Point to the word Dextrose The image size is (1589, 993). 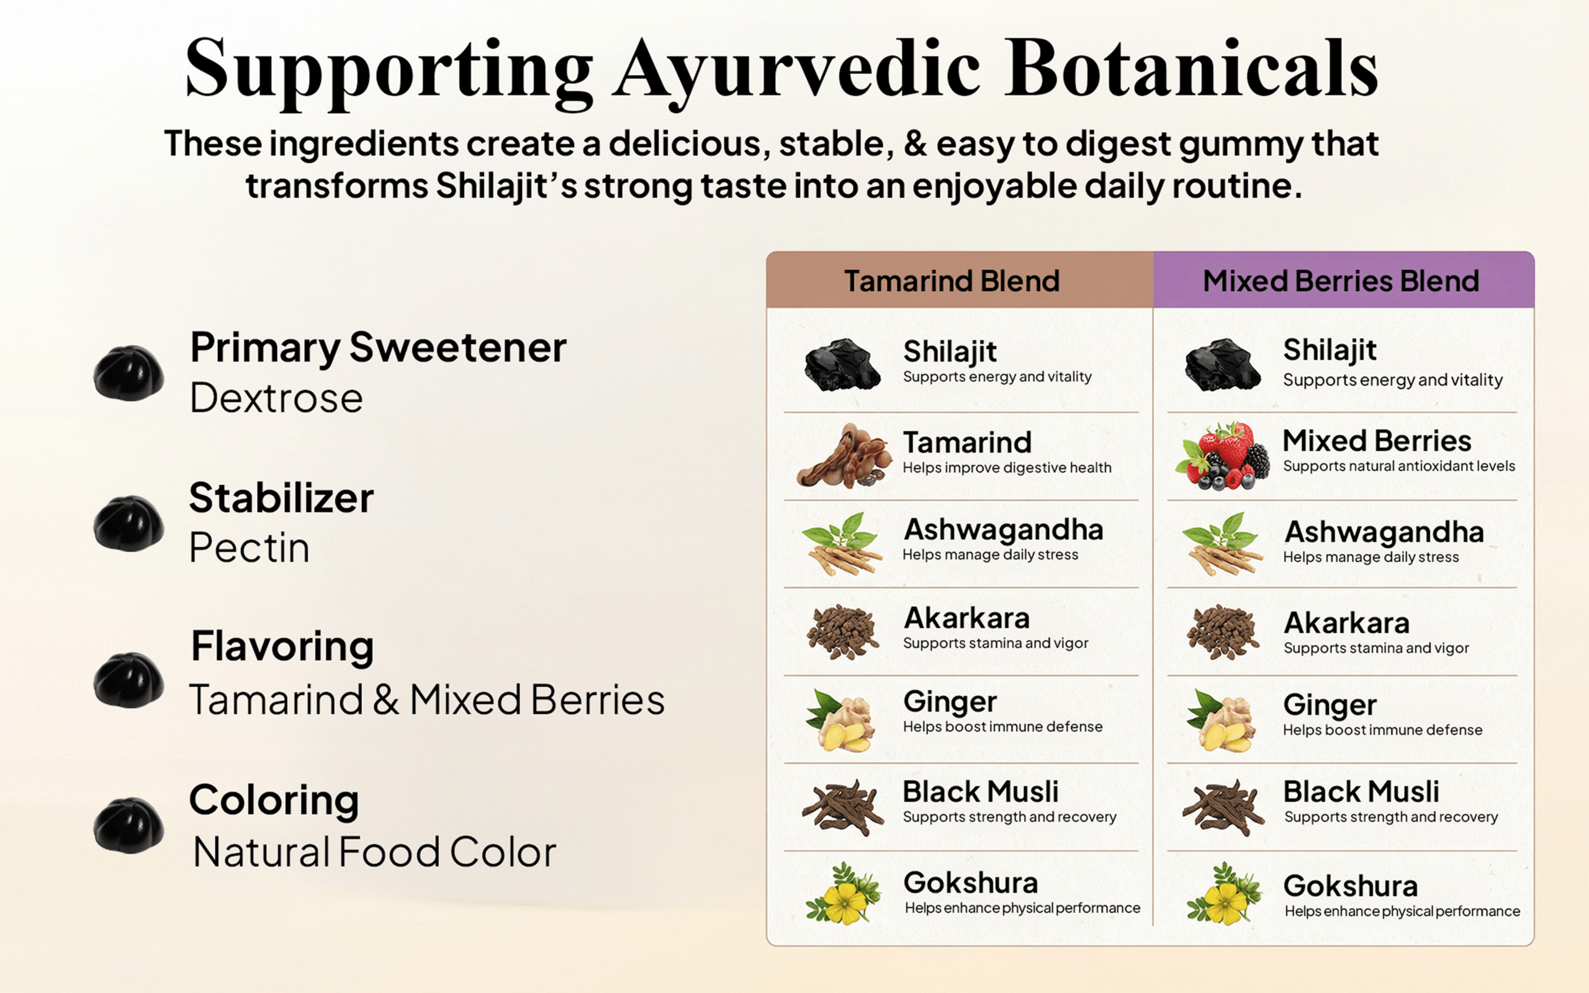276,398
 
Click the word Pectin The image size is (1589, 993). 249,548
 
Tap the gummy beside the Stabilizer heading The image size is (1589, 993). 128,523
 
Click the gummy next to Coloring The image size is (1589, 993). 128,825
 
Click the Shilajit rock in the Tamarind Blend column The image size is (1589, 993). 843,365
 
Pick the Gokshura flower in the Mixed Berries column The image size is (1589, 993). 1224,894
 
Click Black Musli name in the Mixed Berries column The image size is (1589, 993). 1361,791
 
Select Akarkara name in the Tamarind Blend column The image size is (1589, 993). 966,618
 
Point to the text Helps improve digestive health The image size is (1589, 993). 1007,467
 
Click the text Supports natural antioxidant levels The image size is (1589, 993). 1399,466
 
